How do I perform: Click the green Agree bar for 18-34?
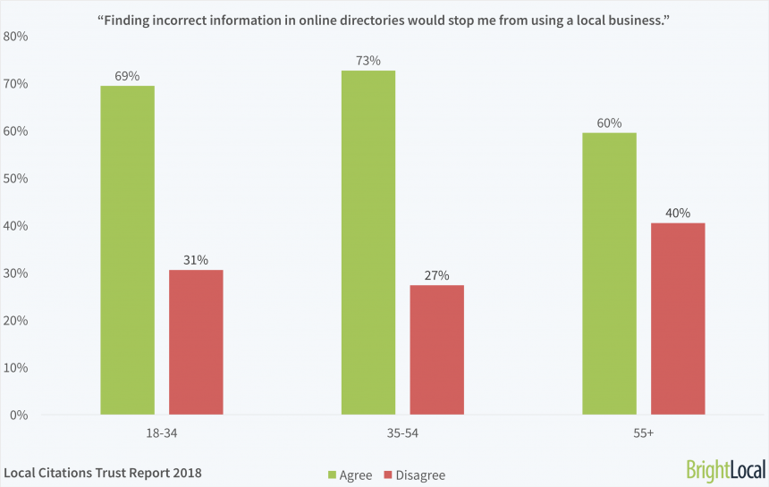(x=127, y=250)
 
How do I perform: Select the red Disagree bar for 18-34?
(x=196, y=342)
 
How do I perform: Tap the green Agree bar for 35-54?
(x=368, y=242)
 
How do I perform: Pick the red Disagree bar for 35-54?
(x=436, y=350)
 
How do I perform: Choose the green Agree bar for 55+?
(x=609, y=273)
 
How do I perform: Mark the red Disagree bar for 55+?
(x=678, y=319)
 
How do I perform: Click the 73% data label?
(x=368, y=61)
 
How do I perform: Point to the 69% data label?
(x=127, y=76)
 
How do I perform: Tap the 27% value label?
(x=436, y=275)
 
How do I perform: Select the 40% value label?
(x=678, y=213)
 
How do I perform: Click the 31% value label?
(x=196, y=260)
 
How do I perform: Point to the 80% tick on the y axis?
(x=15, y=37)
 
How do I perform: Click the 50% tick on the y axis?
(x=15, y=179)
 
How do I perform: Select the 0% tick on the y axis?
(x=19, y=416)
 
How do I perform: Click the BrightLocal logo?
(x=723, y=470)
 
